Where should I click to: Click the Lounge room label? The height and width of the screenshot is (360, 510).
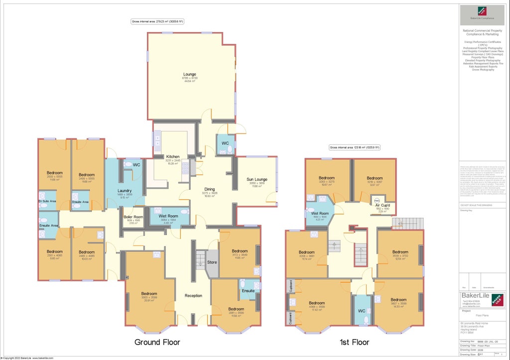click(189, 75)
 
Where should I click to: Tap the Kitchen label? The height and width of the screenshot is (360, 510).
click(172, 157)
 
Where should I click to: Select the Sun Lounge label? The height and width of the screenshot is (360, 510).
click(257, 179)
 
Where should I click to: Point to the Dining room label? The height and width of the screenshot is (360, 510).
click(210, 189)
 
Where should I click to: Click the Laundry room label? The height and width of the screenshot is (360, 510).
click(124, 191)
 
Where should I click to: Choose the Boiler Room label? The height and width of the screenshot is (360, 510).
click(133, 217)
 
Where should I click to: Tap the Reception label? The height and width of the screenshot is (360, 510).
click(193, 296)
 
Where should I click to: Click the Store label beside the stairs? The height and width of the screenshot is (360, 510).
click(212, 262)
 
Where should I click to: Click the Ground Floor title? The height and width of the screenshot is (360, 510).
click(157, 342)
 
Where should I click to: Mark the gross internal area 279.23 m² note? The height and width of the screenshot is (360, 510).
click(157, 22)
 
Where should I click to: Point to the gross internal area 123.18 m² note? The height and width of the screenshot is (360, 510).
click(355, 147)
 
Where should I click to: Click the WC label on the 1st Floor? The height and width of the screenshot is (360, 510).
click(362, 312)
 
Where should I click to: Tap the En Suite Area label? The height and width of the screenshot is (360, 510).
click(47, 201)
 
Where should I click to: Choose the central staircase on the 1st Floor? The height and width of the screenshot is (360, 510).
click(360, 254)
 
